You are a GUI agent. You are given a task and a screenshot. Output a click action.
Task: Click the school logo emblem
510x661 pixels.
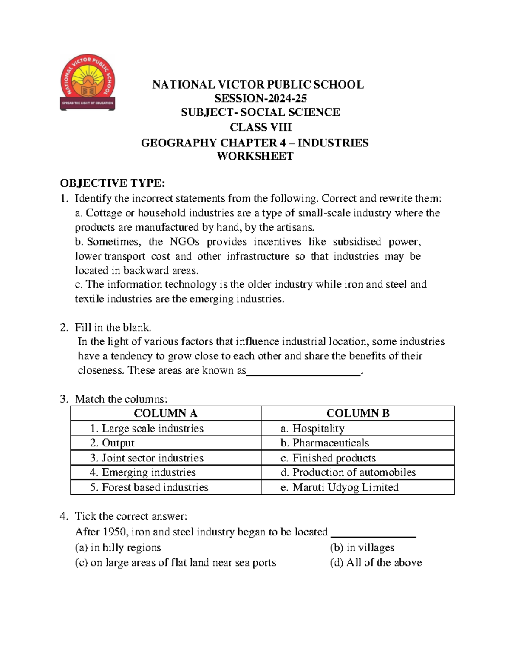(x=88, y=83)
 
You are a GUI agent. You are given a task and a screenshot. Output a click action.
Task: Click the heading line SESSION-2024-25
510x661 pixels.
(x=261, y=98)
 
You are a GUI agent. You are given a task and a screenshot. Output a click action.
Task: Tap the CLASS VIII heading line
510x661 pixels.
(x=261, y=127)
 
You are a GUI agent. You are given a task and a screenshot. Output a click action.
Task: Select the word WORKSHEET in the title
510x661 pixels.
(x=255, y=156)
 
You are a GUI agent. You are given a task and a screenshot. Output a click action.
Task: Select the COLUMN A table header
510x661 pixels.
(x=165, y=413)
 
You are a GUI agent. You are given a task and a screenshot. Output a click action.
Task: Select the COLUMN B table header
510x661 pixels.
(x=358, y=413)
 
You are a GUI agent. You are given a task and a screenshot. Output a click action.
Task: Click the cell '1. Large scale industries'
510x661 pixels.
(x=147, y=428)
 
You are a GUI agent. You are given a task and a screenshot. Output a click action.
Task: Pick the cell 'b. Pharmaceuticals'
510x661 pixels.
(x=325, y=443)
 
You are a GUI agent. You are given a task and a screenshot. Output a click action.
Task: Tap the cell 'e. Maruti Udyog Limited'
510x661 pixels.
(x=340, y=487)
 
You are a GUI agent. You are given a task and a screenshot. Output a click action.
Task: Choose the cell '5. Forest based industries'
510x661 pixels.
(x=149, y=487)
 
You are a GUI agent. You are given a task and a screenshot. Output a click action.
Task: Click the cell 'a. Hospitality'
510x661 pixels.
(x=312, y=428)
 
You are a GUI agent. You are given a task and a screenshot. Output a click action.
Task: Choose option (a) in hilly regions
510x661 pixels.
(x=118, y=547)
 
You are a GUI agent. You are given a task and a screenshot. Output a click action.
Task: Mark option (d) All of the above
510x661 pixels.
(x=376, y=562)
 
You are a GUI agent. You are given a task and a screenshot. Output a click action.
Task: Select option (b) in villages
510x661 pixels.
(x=362, y=547)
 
